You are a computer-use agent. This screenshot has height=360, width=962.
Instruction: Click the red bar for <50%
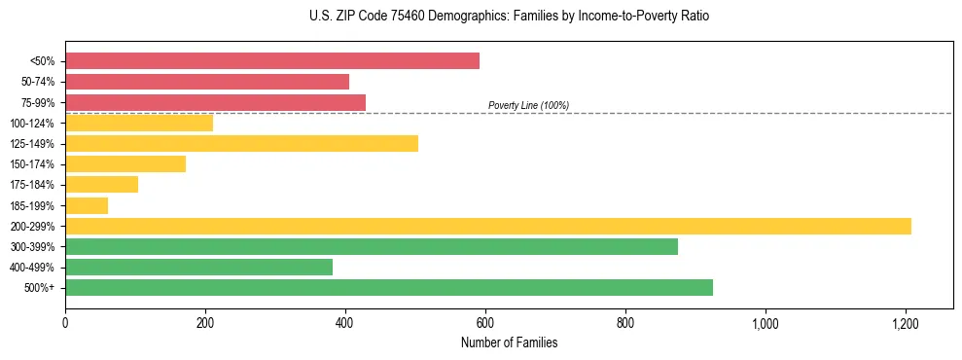(272, 61)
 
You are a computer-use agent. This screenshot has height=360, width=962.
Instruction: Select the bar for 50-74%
(207, 82)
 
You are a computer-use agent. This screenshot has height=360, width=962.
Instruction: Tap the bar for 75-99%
(215, 102)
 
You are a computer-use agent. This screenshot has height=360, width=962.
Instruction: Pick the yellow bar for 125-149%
(241, 144)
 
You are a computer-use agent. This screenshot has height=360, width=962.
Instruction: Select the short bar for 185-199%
(87, 205)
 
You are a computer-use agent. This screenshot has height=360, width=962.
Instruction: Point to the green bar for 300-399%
(372, 247)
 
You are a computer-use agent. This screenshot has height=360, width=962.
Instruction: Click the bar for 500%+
(389, 288)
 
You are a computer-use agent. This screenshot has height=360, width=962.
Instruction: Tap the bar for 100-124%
(139, 124)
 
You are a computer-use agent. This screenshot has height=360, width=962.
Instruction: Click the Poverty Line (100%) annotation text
(528, 105)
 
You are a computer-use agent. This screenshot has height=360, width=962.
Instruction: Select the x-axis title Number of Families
(509, 342)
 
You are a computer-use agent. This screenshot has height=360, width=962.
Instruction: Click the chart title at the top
(510, 17)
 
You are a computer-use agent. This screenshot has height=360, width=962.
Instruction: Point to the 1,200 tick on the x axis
(906, 322)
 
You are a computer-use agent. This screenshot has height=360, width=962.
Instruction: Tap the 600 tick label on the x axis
(485, 322)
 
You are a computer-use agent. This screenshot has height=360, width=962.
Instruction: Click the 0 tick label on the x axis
(65, 322)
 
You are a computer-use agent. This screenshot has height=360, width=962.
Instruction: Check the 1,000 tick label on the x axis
(766, 322)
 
